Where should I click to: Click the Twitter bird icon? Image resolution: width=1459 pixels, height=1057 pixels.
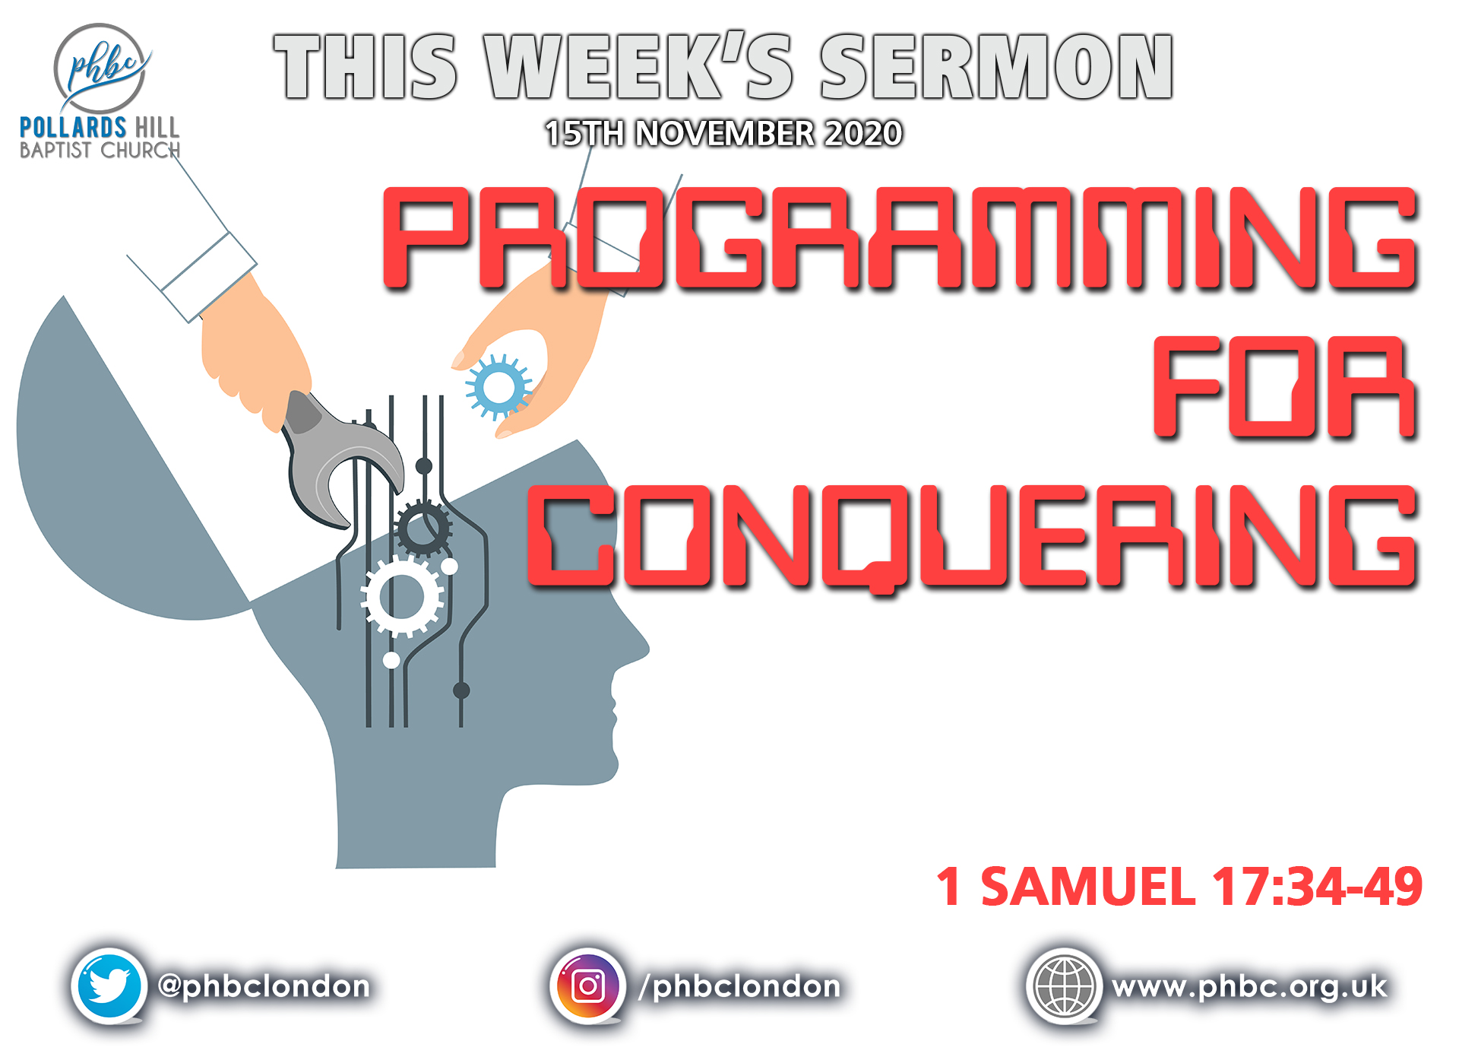pos(109,986)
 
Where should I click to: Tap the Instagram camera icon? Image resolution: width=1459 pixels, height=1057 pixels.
pos(587,986)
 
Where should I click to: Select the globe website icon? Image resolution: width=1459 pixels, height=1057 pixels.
pos(1064,986)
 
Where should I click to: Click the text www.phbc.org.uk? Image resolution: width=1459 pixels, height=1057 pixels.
pos(1250,987)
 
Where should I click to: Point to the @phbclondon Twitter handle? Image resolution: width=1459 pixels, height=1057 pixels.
pos(264,987)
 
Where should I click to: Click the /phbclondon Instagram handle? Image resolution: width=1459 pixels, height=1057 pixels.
pos(740,987)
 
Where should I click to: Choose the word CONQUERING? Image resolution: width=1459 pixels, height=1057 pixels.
pos(973,537)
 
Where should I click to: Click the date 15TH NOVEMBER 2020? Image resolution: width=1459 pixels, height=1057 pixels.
pos(723,134)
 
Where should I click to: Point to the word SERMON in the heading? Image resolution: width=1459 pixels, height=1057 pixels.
pos(997,66)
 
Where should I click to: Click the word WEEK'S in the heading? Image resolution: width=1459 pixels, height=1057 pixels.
pos(640,66)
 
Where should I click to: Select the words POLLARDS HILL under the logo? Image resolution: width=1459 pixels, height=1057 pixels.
pos(100,127)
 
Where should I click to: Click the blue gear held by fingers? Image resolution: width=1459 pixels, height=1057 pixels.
pos(498,387)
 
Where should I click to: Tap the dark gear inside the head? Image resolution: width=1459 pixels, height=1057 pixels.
pos(423,528)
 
